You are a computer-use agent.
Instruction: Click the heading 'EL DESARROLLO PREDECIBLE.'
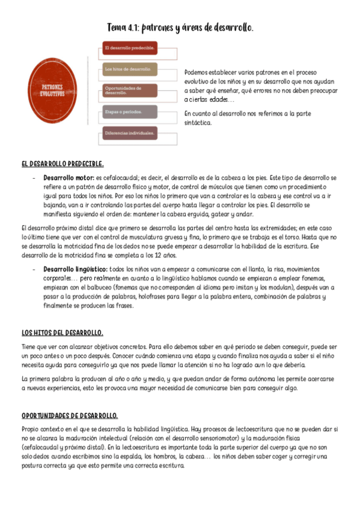point(63,164)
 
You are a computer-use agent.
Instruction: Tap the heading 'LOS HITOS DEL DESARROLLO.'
point(62,332)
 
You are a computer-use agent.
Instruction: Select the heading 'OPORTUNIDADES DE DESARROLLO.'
point(69,416)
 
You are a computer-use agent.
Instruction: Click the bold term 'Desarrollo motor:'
point(68,178)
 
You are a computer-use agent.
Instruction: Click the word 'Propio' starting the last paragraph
point(29,429)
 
